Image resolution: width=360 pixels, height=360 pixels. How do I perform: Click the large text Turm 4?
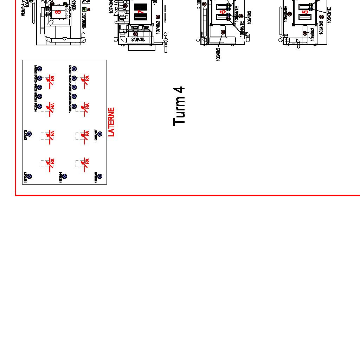pos(179,106)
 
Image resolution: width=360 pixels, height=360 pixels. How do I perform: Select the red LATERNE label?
pos(111,122)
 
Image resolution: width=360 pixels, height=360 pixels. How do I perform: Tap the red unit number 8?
pos(58,12)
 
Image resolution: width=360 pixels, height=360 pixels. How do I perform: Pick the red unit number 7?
pos(141,12)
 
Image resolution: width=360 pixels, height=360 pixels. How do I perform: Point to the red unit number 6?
pos(223,12)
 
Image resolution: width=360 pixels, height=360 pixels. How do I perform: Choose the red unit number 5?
pos(306,12)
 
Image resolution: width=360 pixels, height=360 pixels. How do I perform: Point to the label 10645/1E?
pos(242,28)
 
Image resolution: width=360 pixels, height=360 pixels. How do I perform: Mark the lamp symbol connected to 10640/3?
pos(223,32)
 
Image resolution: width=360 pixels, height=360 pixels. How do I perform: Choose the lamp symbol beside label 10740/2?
pos(158,17)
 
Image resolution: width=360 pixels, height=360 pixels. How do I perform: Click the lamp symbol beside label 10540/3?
pos(305,33)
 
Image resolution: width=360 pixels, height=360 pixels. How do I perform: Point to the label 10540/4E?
pos(285,14)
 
